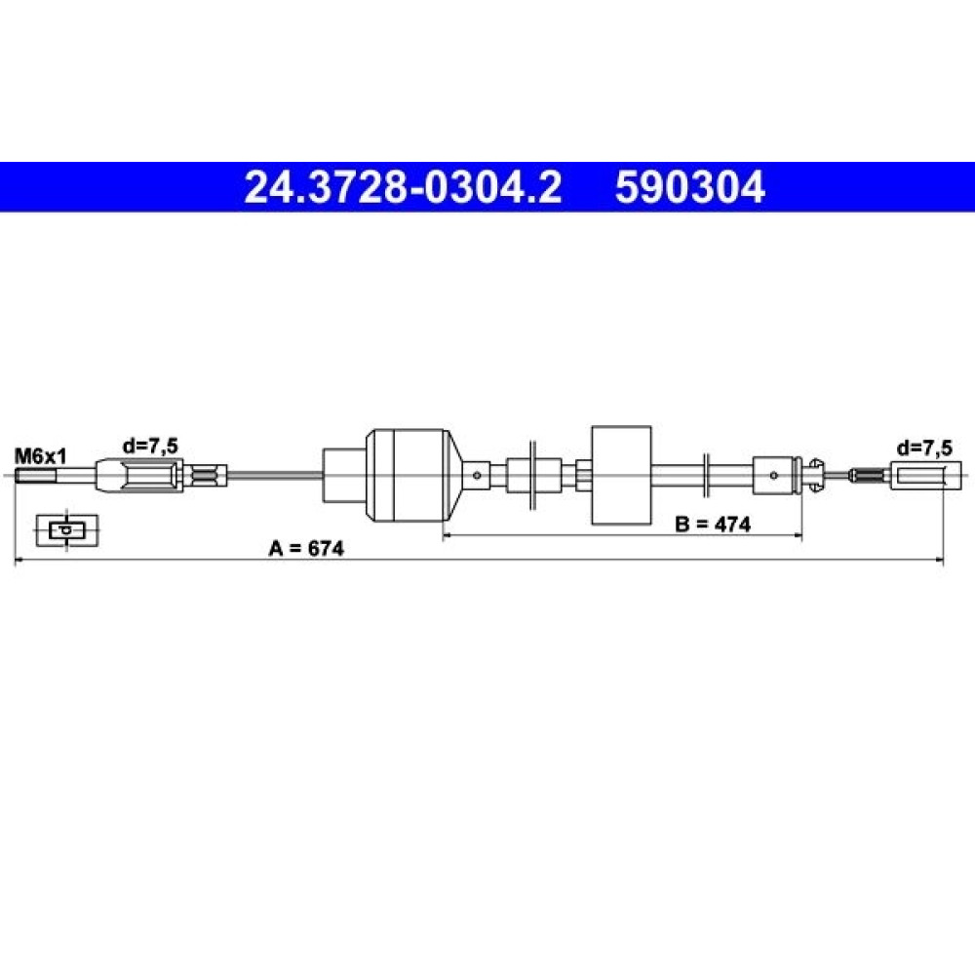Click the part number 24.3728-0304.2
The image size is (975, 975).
(403, 187)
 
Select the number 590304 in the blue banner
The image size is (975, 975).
(689, 187)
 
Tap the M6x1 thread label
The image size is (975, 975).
(40, 457)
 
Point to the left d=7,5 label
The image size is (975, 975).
(150, 446)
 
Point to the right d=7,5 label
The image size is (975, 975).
(924, 448)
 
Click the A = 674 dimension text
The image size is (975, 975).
(306, 548)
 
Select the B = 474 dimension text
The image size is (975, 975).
(713, 525)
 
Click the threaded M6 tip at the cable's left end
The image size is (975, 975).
(35, 477)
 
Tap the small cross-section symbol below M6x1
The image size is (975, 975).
(67, 530)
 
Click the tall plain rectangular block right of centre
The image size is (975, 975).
(621, 475)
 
